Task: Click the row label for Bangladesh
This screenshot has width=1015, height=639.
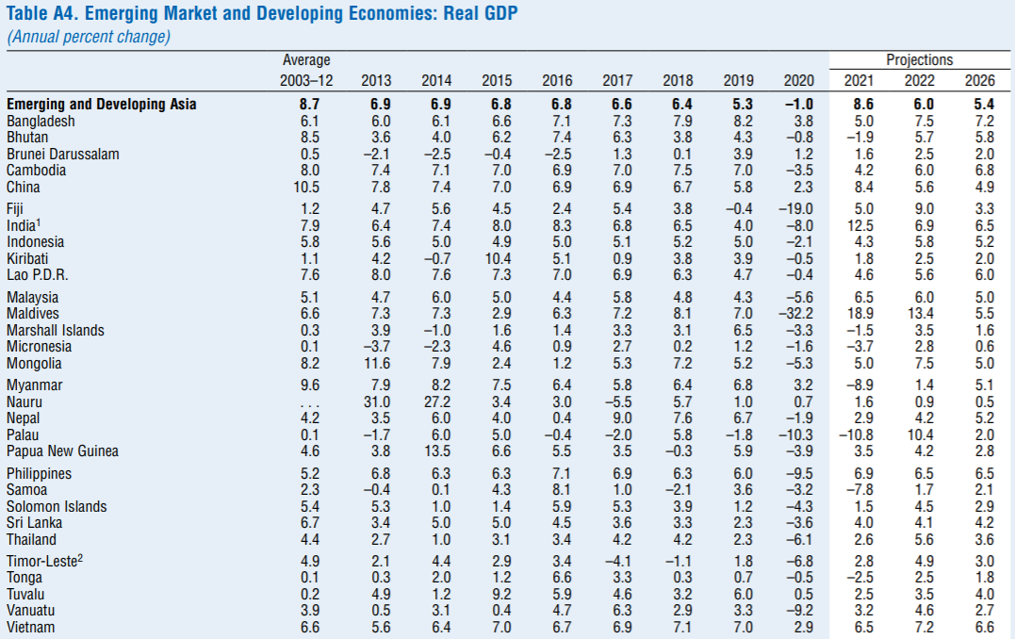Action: [41, 122]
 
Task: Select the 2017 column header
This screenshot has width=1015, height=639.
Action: [617, 81]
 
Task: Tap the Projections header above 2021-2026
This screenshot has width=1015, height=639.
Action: [919, 60]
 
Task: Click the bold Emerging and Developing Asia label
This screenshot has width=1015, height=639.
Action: [102, 105]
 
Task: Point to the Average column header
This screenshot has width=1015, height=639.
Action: [306, 60]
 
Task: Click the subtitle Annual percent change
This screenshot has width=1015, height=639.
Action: [89, 38]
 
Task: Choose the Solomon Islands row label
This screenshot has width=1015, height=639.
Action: [57, 507]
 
